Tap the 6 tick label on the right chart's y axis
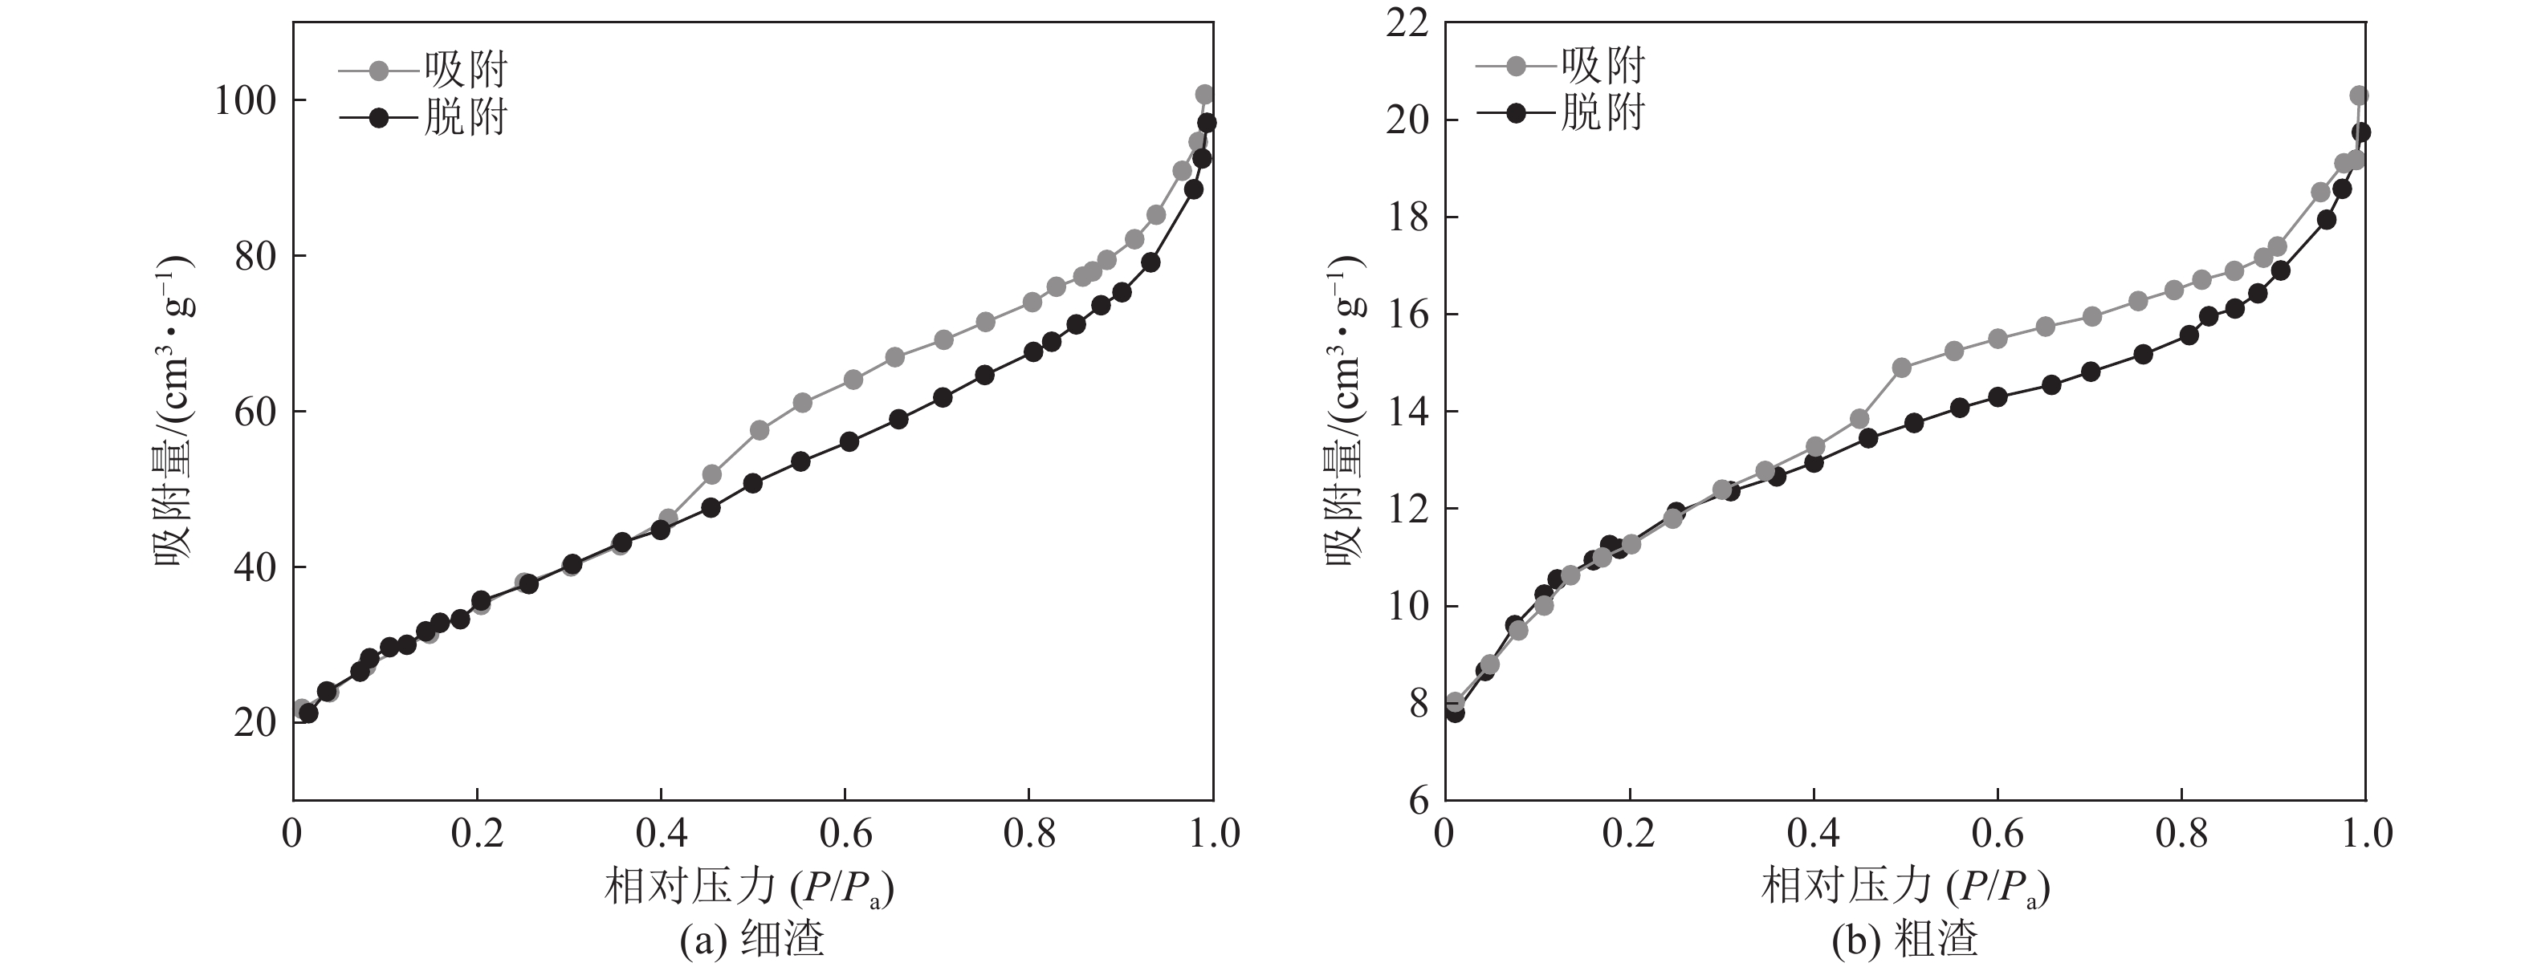point(1419,800)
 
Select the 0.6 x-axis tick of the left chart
point(845,835)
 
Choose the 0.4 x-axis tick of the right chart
point(1814,835)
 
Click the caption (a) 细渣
point(751,940)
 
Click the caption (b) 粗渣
point(1904,940)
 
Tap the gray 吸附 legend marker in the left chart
point(378,71)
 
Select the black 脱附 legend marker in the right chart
point(1516,113)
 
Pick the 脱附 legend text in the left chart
point(466,118)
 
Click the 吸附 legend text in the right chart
point(1603,66)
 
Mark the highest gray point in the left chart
point(1204,94)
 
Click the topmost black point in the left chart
point(1207,123)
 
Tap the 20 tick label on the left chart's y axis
point(255,722)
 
